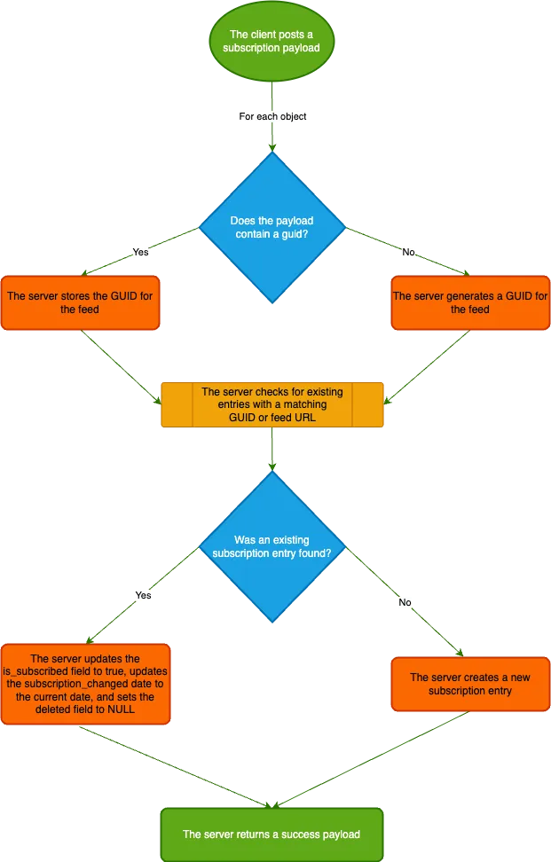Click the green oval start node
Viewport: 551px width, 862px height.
click(271, 41)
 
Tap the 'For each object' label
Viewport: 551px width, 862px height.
click(273, 116)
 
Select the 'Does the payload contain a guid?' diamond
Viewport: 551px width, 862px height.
click(272, 227)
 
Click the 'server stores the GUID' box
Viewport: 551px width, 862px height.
click(80, 302)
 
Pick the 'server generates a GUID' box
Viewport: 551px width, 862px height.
click(470, 302)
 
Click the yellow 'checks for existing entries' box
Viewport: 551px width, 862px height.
click(272, 405)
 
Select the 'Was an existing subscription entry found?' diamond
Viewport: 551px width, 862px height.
click(272, 545)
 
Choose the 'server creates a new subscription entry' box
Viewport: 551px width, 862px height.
click(470, 684)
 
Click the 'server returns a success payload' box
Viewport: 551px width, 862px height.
click(272, 834)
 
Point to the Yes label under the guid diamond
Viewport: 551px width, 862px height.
click(140, 253)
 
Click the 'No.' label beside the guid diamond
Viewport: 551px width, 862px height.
click(409, 253)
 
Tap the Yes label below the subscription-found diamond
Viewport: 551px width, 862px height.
click(143, 596)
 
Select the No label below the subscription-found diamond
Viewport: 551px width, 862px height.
click(405, 602)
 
